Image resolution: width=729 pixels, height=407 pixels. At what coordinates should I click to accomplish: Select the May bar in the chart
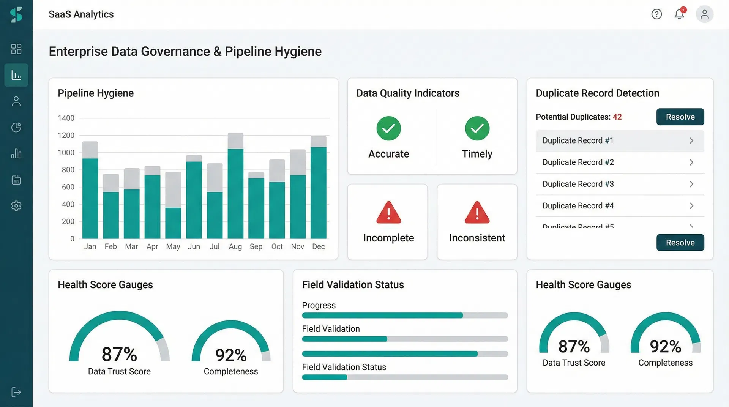click(173, 213)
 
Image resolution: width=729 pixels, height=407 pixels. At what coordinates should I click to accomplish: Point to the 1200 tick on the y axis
click(66, 135)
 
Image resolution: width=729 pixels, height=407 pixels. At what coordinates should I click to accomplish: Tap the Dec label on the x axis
click(318, 246)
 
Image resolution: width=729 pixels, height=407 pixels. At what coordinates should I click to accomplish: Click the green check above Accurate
click(388, 128)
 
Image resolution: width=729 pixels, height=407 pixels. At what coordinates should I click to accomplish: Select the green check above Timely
click(477, 128)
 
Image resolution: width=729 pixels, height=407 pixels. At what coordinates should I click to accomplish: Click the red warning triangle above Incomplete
click(388, 213)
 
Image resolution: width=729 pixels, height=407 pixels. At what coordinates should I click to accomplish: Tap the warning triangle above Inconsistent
click(477, 213)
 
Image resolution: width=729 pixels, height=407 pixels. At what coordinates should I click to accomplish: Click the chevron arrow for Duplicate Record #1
click(691, 140)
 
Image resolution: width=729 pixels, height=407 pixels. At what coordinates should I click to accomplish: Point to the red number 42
click(617, 117)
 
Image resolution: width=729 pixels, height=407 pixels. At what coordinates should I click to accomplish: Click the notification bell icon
click(679, 14)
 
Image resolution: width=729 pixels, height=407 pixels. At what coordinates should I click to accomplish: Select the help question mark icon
click(656, 14)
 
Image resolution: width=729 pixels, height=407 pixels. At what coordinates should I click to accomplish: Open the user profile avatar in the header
click(704, 14)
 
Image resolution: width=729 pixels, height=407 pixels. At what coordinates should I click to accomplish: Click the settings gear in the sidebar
click(16, 206)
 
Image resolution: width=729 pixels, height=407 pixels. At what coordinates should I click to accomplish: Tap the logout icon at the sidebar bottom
click(16, 392)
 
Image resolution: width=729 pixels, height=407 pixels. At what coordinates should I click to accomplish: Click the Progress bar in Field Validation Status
click(405, 316)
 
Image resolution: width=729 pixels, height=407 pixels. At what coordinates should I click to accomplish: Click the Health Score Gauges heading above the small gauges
click(583, 285)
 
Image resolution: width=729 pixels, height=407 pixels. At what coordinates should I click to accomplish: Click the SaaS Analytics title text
click(81, 14)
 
